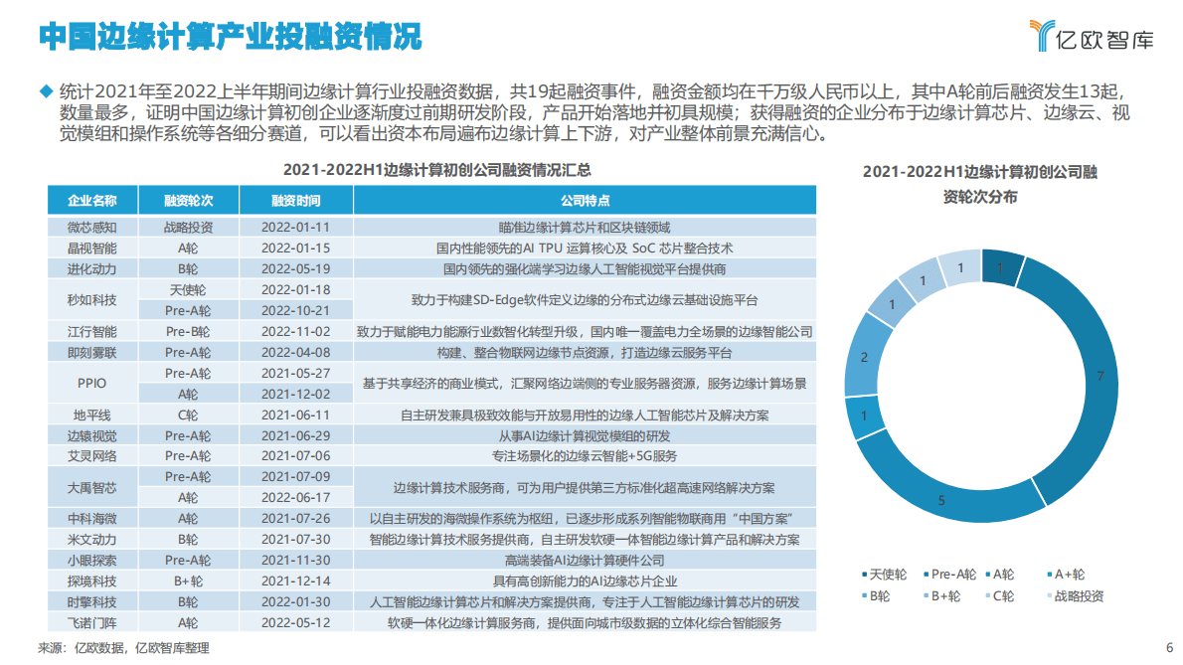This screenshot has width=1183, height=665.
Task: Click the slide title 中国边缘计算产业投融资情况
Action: click(x=230, y=37)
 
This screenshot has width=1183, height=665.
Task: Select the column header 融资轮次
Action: click(x=188, y=200)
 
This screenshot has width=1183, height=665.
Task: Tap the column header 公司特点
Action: click(x=585, y=200)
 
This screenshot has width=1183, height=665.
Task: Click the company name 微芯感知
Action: click(x=91, y=227)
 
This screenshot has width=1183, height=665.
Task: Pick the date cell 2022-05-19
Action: click(x=295, y=268)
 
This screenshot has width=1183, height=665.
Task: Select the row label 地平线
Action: click(x=91, y=415)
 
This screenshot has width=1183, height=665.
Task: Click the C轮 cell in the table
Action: click(x=188, y=415)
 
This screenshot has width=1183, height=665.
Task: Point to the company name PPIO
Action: click(x=91, y=383)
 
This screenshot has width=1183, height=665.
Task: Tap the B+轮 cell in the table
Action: click(x=188, y=582)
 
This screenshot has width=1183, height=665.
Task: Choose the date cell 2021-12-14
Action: click(x=295, y=582)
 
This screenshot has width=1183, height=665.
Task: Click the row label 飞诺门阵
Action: click(x=91, y=623)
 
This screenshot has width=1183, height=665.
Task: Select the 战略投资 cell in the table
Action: click(x=188, y=227)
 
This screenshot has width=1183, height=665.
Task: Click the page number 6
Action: click(x=1169, y=644)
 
